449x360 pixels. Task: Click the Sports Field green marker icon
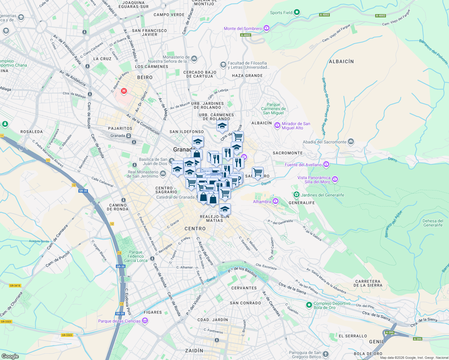(x=297, y=12)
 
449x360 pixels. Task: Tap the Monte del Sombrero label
(x=243, y=28)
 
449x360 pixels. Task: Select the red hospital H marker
(x=124, y=91)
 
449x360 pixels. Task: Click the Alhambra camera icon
(x=276, y=201)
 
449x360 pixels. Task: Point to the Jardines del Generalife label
(x=322, y=195)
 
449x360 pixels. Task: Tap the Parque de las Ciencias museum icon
(x=145, y=321)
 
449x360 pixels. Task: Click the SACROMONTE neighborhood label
(x=288, y=153)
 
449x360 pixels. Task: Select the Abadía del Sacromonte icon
(x=351, y=142)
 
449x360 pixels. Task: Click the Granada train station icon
(x=129, y=136)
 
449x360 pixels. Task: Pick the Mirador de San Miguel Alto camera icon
(x=277, y=125)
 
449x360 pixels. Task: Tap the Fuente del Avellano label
(x=303, y=165)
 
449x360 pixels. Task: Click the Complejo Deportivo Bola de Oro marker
(x=309, y=305)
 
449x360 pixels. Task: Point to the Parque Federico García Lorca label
(x=136, y=256)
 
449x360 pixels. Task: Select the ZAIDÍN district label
(x=194, y=350)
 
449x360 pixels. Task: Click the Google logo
(x=10, y=356)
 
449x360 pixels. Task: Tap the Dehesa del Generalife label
(x=432, y=223)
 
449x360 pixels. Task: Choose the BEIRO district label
(x=145, y=77)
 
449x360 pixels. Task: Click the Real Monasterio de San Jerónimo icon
(x=163, y=173)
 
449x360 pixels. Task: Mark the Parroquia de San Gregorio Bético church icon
(x=325, y=354)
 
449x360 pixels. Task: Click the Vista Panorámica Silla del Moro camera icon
(x=335, y=179)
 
